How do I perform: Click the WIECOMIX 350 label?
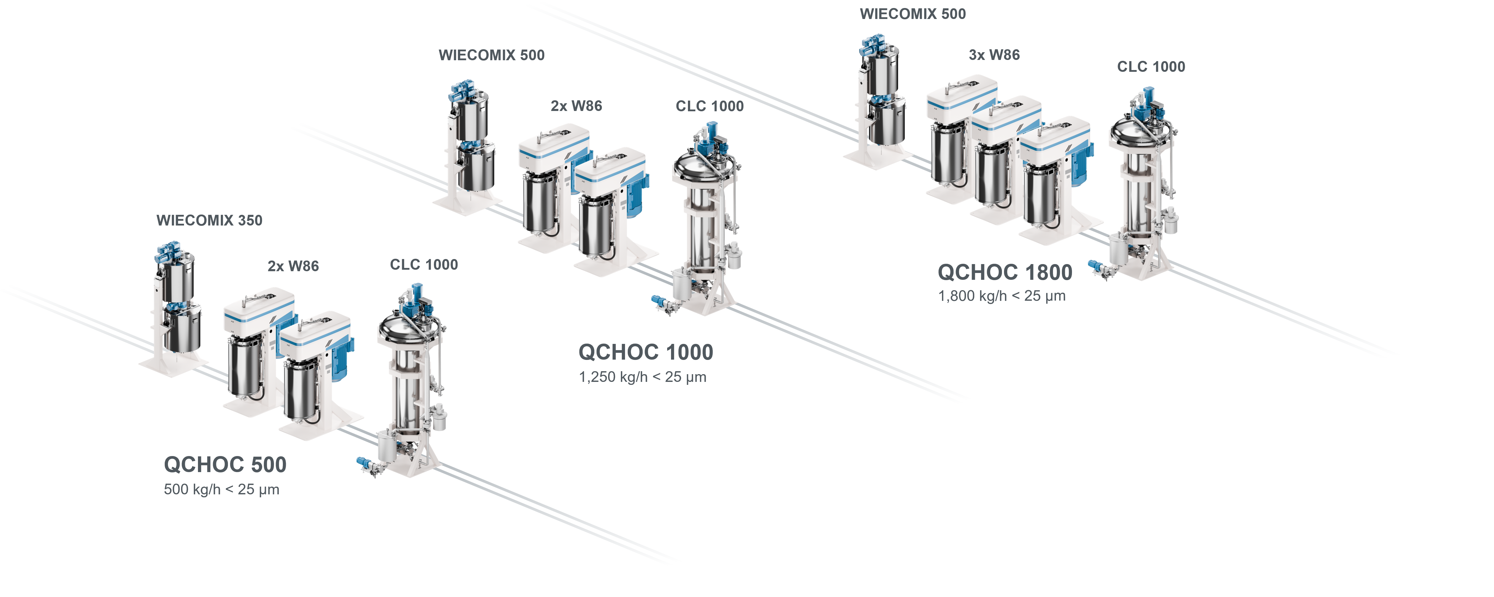(209, 220)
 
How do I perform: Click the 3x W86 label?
(994, 55)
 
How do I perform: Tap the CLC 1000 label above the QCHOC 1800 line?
(1151, 67)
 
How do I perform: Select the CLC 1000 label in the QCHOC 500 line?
(424, 265)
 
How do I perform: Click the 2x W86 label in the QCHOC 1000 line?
(576, 106)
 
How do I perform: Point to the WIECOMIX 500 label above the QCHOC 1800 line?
(913, 14)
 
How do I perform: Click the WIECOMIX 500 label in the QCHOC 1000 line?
(492, 55)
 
